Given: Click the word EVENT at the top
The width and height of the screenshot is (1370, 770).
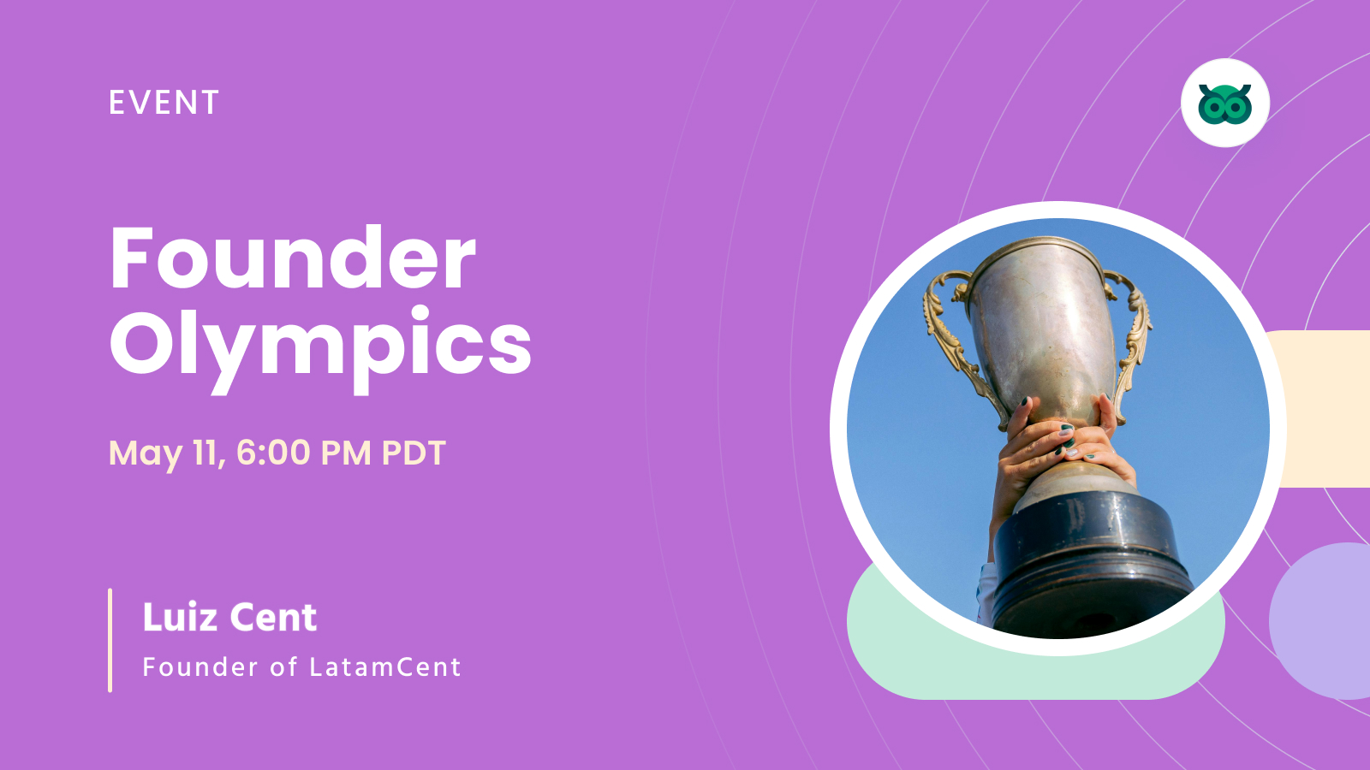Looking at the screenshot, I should pos(164,103).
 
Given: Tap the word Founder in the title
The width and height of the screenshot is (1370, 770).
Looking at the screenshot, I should pos(293,258).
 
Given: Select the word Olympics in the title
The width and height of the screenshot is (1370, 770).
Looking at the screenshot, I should pos(320,344).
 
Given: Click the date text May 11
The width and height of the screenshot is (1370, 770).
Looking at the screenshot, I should pos(166,453).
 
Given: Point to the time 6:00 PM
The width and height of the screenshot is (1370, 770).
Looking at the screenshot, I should pos(303,453).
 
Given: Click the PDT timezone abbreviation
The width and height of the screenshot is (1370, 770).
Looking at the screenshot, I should pos(414,453).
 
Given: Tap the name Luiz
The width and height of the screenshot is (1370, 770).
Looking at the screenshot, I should pos(180,617).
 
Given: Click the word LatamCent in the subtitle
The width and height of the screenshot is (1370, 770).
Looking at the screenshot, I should pos(385,666).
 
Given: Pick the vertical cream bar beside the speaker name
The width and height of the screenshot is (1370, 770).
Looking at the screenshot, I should pos(110,640).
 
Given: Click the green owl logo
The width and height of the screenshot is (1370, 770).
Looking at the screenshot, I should pos(1224,104).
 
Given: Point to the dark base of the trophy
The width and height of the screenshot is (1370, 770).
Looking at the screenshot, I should pos(1087,556).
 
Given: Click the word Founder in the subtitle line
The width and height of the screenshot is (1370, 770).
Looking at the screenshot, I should pos(200,666).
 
